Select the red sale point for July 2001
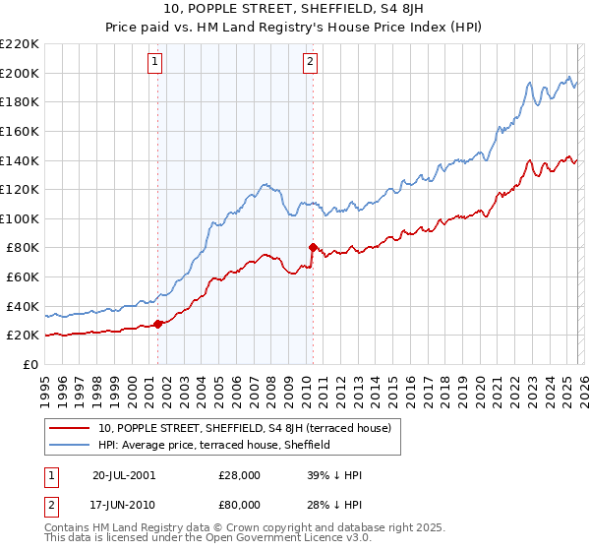(x=158, y=323)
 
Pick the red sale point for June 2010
(x=313, y=247)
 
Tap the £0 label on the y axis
(x=29, y=364)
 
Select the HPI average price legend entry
(x=213, y=445)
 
